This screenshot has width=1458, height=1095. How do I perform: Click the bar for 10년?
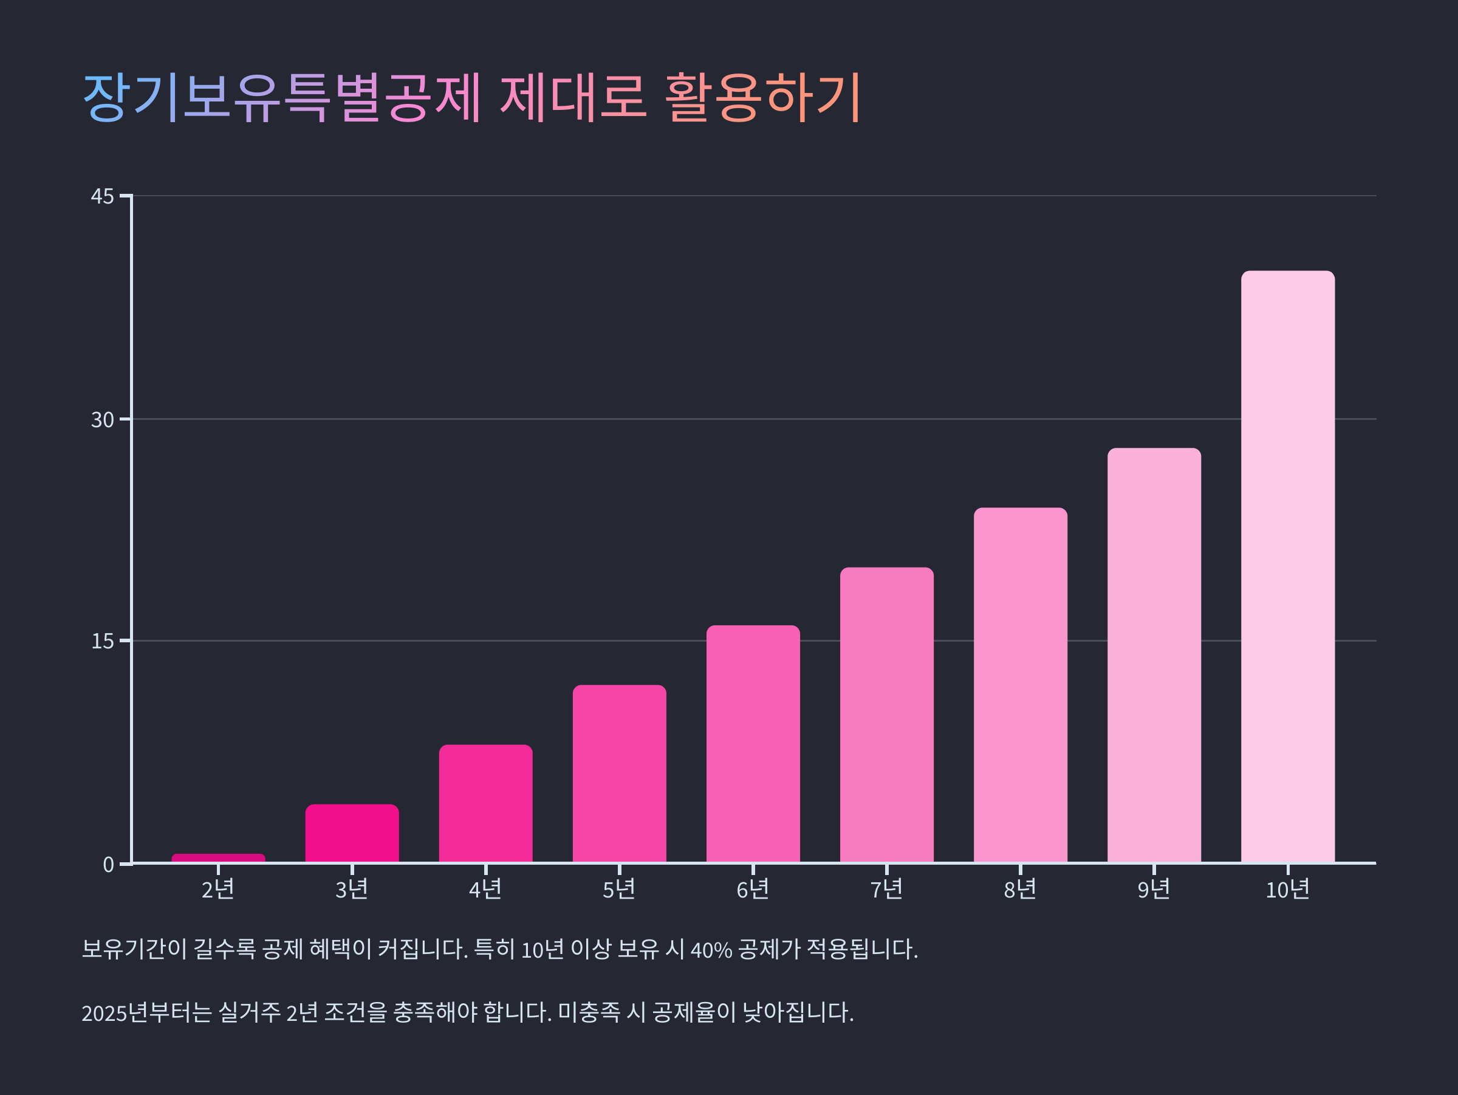tap(1287, 567)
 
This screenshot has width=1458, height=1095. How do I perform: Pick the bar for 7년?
tap(886, 715)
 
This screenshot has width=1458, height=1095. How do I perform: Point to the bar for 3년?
tap(352, 833)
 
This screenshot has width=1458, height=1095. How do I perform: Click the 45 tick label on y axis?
tap(102, 196)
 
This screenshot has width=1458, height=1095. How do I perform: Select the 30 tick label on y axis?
tap(102, 420)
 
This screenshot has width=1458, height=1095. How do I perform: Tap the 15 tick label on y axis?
tap(102, 642)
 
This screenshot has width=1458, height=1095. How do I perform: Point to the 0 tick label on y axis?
tap(108, 864)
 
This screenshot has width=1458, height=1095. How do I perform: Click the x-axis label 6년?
tap(753, 890)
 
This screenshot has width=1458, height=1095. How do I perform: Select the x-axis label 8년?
tap(1019, 890)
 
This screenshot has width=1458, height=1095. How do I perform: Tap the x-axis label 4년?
tap(485, 890)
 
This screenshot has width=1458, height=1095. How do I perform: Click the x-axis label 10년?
tap(1287, 890)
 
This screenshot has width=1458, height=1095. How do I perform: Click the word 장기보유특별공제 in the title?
tap(282, 98)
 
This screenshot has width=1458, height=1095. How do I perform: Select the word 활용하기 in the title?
tap(762, 98)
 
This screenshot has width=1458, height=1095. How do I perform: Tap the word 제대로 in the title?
tap(572, 98)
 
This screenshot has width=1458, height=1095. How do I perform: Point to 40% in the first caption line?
tap(711, 950)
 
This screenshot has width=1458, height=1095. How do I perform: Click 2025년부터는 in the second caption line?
tap(146, 1012)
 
